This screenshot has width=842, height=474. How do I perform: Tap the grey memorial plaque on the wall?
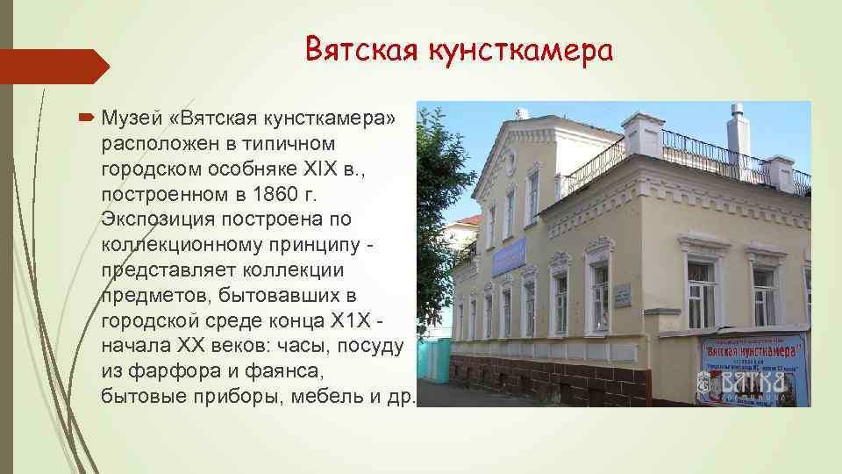[622, 295]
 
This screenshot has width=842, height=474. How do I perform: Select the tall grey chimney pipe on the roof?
[738, 132]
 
